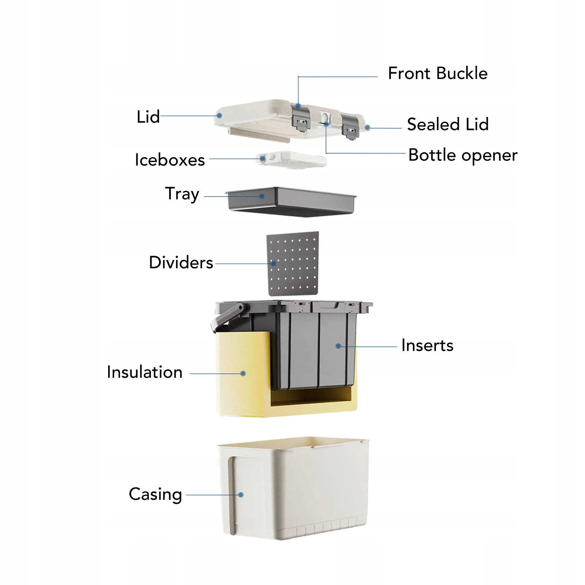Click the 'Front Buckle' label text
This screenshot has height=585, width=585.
click(x=437, y=73)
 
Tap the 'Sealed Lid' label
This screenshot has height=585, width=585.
click(x=448, y=124)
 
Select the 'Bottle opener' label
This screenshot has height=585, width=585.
click(x=463, y=155)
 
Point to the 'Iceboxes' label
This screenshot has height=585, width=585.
click(x=170, y=160)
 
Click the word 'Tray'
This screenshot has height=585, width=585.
click(x=182, y=194)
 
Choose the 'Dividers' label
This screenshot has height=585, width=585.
click(x=181, y=263)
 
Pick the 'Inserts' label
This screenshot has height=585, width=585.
click(x=427, y=345)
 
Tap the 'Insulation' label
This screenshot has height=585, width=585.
click(x=145, y=372)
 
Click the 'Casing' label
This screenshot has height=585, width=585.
click(x=155, y=494)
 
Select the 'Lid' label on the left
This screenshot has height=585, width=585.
click(x=148, y=117)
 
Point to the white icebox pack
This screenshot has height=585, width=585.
click(x=292, y=160)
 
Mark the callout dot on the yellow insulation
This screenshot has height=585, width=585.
click(x=243, y=373)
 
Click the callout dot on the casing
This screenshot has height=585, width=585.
click(x=241, y=495)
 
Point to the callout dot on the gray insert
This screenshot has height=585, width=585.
click(x=338, y=346)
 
